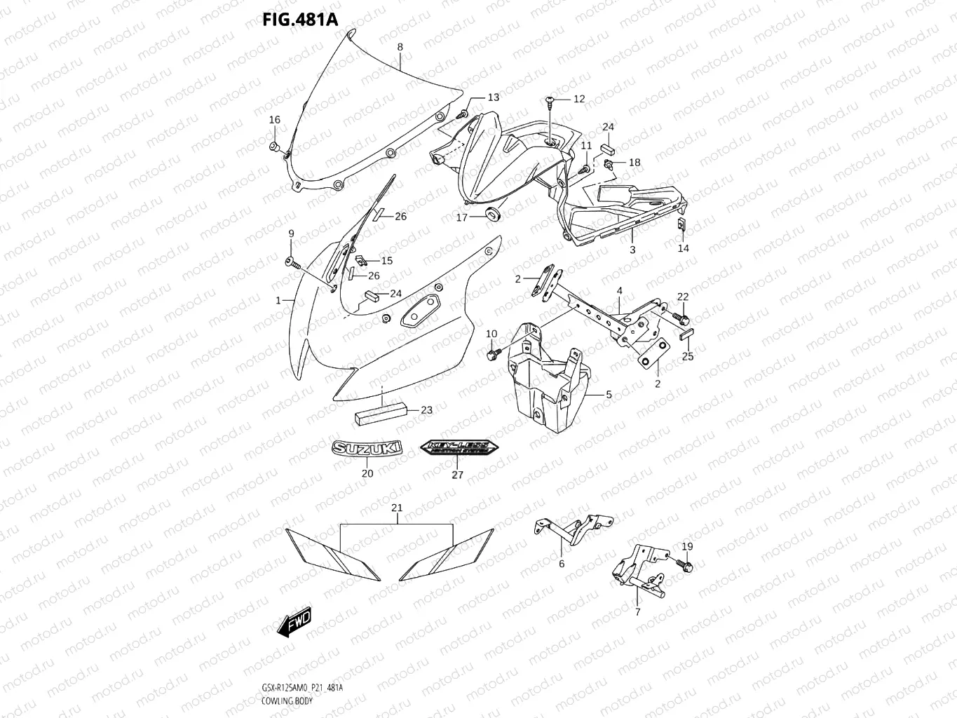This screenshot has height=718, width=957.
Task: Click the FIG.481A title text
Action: (300, 19)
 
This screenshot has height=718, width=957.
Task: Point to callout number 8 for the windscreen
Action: (400, 47)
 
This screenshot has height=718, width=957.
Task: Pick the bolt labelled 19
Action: (684, 563)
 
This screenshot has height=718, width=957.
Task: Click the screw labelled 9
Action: (292, 262)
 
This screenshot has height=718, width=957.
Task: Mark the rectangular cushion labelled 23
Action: (381, 412)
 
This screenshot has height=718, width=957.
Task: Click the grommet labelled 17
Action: (493, 214)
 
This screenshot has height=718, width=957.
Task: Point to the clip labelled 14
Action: (681, 224)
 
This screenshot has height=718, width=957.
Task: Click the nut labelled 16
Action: (275, 147)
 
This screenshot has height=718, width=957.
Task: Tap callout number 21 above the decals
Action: (397, 508)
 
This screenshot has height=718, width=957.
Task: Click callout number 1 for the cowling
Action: (278, 301)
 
